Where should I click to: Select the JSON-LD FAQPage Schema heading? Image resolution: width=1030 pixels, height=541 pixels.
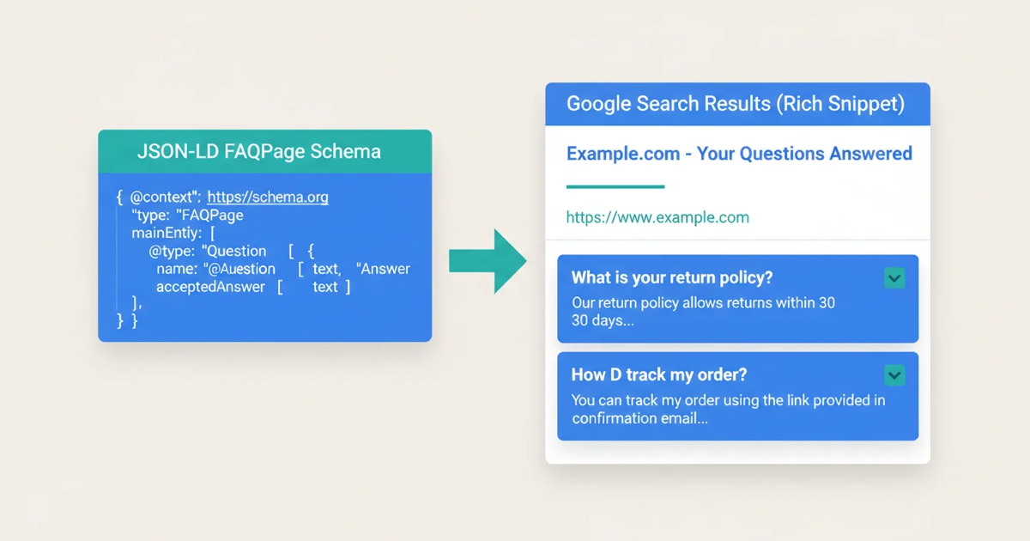(x=258, y=152)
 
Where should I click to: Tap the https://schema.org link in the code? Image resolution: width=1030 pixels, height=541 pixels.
(x=268, y=198)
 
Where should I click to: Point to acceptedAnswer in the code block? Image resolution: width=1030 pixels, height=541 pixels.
(x=210, y=287)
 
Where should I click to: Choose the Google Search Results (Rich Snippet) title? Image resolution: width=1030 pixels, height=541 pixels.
(x=736, y=105)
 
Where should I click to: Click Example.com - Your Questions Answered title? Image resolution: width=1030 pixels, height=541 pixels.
(x=739, y=154)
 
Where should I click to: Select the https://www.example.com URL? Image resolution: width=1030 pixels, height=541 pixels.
(x=657, y=217)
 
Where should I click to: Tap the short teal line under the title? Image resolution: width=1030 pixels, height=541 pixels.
(x=615, y=186)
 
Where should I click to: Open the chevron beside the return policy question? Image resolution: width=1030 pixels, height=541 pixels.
(x=894, y=278)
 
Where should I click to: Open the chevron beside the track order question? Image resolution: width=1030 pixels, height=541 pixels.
(x=894, y=375)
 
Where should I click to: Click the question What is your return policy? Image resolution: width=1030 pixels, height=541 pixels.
(x=672, y=278)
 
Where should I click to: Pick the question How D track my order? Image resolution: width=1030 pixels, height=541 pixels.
(x=659, y=375)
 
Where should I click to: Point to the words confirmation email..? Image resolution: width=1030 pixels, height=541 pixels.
(x=639, y=419)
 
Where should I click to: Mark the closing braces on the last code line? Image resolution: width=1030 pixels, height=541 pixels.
(x=127, y=321)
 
